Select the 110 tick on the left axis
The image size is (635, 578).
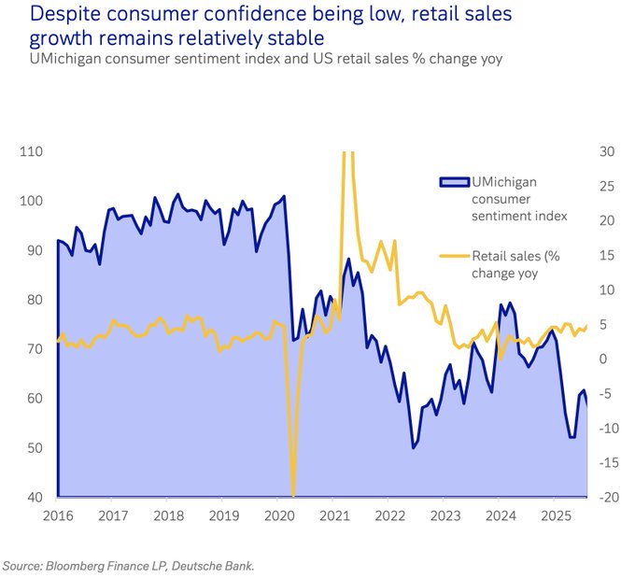point(32,151)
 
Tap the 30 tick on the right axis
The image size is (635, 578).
point(606,151)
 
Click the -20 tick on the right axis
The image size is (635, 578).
point(608,498)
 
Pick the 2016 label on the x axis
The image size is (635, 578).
point(58,515)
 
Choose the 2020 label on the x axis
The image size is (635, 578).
point(280,515)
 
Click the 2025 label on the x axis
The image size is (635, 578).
point(556,515)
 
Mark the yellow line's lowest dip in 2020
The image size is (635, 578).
point(292,495)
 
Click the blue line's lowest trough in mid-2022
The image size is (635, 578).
point(413,448)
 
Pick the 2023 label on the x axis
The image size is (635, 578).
point(445,515)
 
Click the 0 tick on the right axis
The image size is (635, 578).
point(603,359)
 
